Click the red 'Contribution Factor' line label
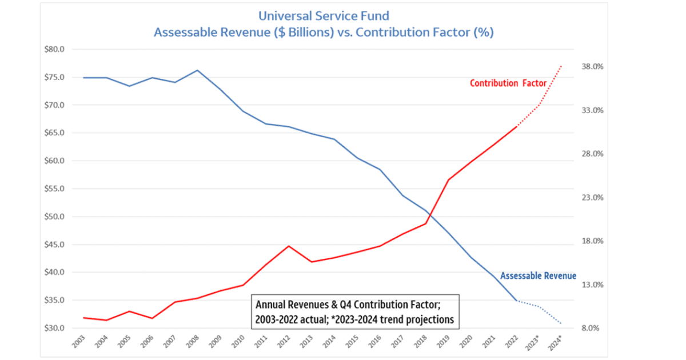click(508, 83)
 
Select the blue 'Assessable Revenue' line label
click(538, 276)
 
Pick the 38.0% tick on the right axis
click(592, 67)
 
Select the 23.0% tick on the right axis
click(592, 198)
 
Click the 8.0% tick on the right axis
click(593, 328)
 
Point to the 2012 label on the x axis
click(286, 342)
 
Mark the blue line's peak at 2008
click(197, 70)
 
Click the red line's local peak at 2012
click(289, 246)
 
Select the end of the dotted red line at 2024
click(561, 66)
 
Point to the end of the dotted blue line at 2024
click(561, 324)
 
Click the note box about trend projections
click(355, 311)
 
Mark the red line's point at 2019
click(448, 180)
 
